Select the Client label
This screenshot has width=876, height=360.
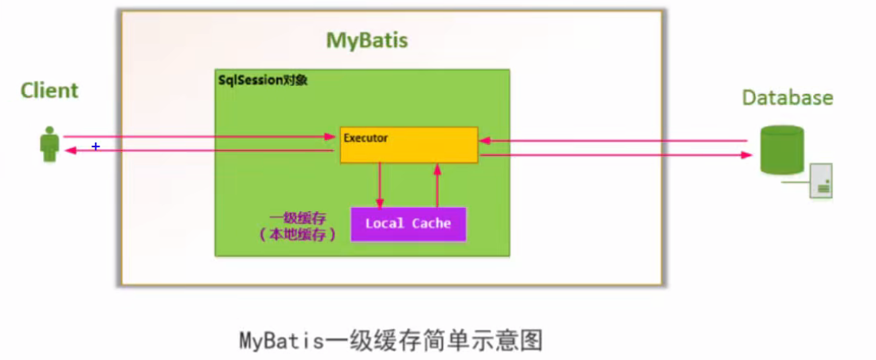tap(49, 90)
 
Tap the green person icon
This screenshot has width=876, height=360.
tap(50, 143)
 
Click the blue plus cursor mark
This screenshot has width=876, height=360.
tap(96, 147)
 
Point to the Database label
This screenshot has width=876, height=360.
tap(787, 98)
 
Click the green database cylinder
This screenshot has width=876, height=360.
tap(782, 150)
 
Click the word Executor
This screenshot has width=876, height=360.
tap(366, 138)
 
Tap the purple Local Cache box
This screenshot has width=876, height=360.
tap(408, 224)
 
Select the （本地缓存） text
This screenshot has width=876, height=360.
tap(298, 234)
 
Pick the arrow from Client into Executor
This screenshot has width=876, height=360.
tap(199, 137)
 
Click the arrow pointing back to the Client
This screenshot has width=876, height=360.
tap(199, 151)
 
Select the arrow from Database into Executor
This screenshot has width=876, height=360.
tap(613, 142)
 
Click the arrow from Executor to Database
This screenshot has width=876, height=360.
tap(613, 155)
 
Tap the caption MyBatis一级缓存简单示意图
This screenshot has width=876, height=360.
tap(391, 341)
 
